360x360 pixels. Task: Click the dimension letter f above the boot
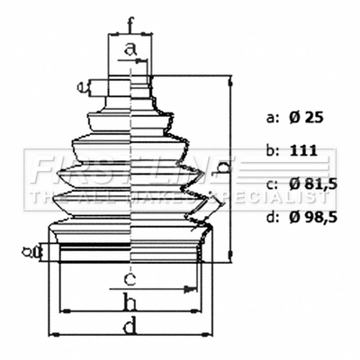[x=131, y=23]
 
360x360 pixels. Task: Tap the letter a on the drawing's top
[x=131, y=49]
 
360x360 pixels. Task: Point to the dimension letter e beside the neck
[x=81, y=86]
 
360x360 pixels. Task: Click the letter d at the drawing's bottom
[x=130, y=327]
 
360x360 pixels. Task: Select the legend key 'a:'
[x=273, y=118]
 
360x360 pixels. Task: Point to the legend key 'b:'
[x=273, y=151]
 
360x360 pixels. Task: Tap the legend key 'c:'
[x=273, y=184]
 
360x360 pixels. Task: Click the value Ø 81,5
[x=314, y=184]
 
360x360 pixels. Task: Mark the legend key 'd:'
[x=273, y=218]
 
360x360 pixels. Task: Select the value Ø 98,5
[x=314, y=218]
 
